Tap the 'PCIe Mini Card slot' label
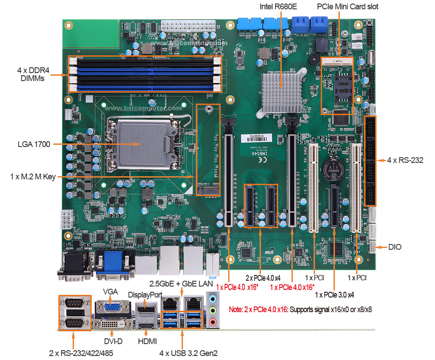tap(348, 7)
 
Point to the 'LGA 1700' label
tap(34, 144)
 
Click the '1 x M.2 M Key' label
tap(33, 177)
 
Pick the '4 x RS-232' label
tap(405, 160)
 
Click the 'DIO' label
tap(395, 247)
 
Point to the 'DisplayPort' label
tap(145, 294)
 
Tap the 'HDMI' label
tap(148, 341)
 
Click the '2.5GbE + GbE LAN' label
tap(181, 283)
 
